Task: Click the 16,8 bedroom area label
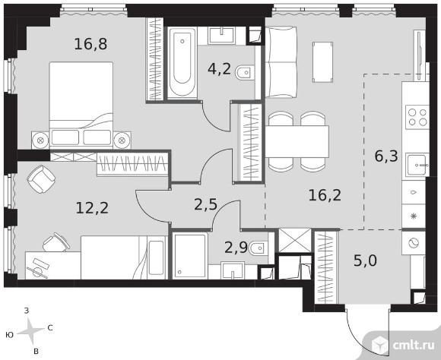pyautogui.click(x=90, y=44)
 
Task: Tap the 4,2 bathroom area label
pyautogui.click(x=219, y=69)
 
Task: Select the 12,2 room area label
pyautogui.click(x=92, y=208)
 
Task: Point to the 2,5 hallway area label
pyautogui.click(x=205, y=204)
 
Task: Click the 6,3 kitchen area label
pyautogui.click(x=386, y=156)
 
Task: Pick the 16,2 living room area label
pyautogui.click(x=325, y=195)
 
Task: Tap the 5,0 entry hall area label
pyautogui.click(x=365, y=261)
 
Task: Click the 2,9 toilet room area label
pyautogui.click(x=236, y=248)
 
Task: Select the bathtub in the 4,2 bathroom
pyautogui.click(x=182, y=62)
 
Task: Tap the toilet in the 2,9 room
pyautogui.click(x=259, y=248)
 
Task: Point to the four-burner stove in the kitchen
pyautogui.click(x=417, y=117)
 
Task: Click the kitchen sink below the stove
pyautogui.click(x=418, y=165)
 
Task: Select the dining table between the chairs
pyautogui.click(x=297, y=141)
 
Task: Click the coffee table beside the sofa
pyautogui.click(x=323, y=62)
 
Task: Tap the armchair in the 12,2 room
pyautogui.click(x=41, y=179)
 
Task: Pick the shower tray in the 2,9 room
pyautogui.click(x=190, y=255)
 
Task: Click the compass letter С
pyautogui.click(x=50, y=327)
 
